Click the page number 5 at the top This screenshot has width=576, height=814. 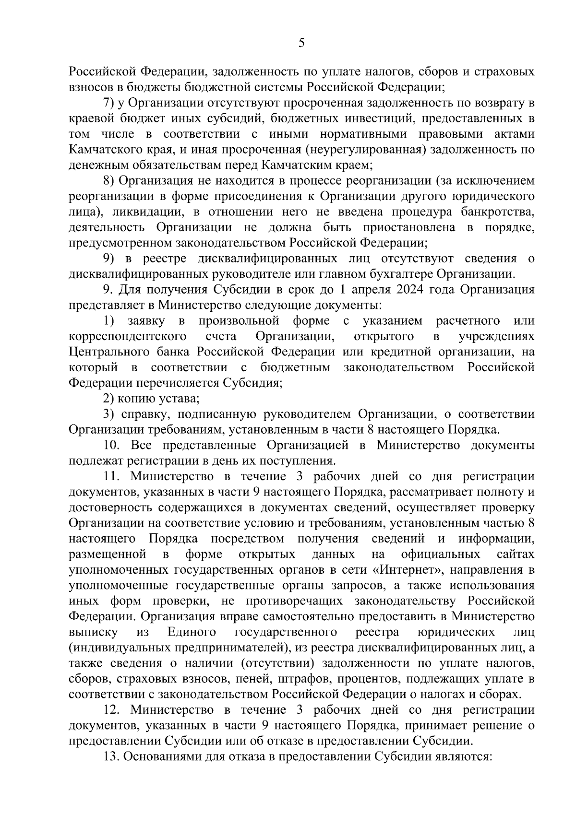pos(301,44)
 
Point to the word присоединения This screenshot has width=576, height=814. pos(257,196)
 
